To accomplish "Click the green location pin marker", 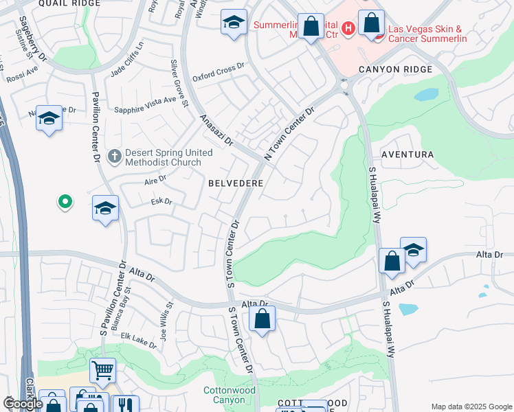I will pyautogui.click(x=65, y=202).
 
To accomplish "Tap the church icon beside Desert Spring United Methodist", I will pyautogui.click(x=114, y=157).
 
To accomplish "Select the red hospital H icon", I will pyautogui.click(x=348, y=28).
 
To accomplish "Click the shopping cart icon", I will pyautogui.click(x=102, y=371).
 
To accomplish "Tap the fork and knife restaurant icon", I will pyautogui.click(x=125, y=406).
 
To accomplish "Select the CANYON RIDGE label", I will pyautogui.click(x=395, y=69).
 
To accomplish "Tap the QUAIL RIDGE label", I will pyautogui.click(x=69, y=3).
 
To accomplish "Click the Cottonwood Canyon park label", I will pyautogui.click(x=224, y=395).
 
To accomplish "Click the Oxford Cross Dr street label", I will pyautogui.click(x=219, y=72).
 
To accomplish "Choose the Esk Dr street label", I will pyautogui.click(x=161, y=202).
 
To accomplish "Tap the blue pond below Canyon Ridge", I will pyautogui.click(x=426, y=94).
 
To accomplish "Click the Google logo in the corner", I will pyautogui.click(x=22, y=404).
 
